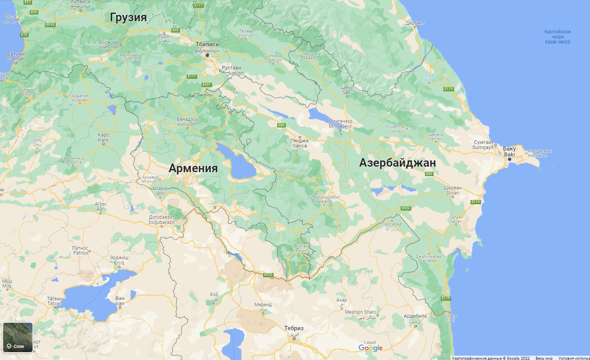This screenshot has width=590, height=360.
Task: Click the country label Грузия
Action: [128, 18]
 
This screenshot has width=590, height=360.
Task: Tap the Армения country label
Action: [193, 168]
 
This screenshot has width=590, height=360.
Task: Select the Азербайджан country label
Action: [397, 163]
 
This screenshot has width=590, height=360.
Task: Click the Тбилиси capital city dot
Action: [207, 56]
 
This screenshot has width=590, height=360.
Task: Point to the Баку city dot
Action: [510, 159]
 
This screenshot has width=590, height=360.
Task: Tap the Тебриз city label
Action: [294, 328]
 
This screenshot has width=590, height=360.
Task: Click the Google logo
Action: [370, 348]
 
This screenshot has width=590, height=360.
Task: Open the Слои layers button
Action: [18, 337]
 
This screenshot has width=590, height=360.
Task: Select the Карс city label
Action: [103, 134]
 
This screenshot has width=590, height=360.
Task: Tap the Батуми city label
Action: [16, 54]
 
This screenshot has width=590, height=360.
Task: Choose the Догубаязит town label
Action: [162, 217]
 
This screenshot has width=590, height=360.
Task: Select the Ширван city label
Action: [451, 187]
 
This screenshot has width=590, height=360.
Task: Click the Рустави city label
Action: [232, 68]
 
